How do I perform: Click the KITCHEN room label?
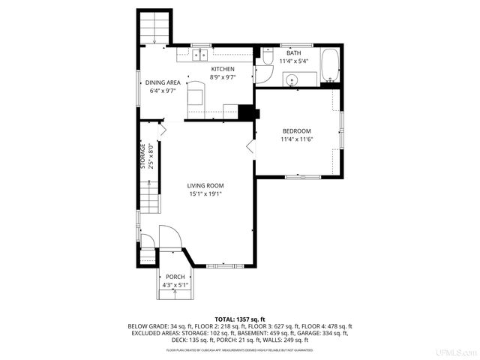click(x=211, y=69)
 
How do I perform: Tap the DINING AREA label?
click(x=162, y=82)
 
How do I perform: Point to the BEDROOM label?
click(x=296, y=130)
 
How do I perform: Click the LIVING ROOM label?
click(x=205, y=185)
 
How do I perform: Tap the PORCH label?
click(x=175, y=277)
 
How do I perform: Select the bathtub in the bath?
click(x=329, y=66)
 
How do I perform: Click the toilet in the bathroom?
click(x=267, y=58)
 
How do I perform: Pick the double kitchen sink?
click(x=199, y=55)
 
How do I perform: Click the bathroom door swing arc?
click(x=262, y=75)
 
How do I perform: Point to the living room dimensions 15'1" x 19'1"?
click(x=205, y=194)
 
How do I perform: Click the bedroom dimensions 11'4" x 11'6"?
click(x=296, y=139)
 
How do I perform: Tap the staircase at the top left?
click(x=154, y=28)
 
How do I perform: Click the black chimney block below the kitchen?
click(x=245, y=112)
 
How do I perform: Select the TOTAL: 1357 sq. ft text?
click(x=240, y=319)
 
